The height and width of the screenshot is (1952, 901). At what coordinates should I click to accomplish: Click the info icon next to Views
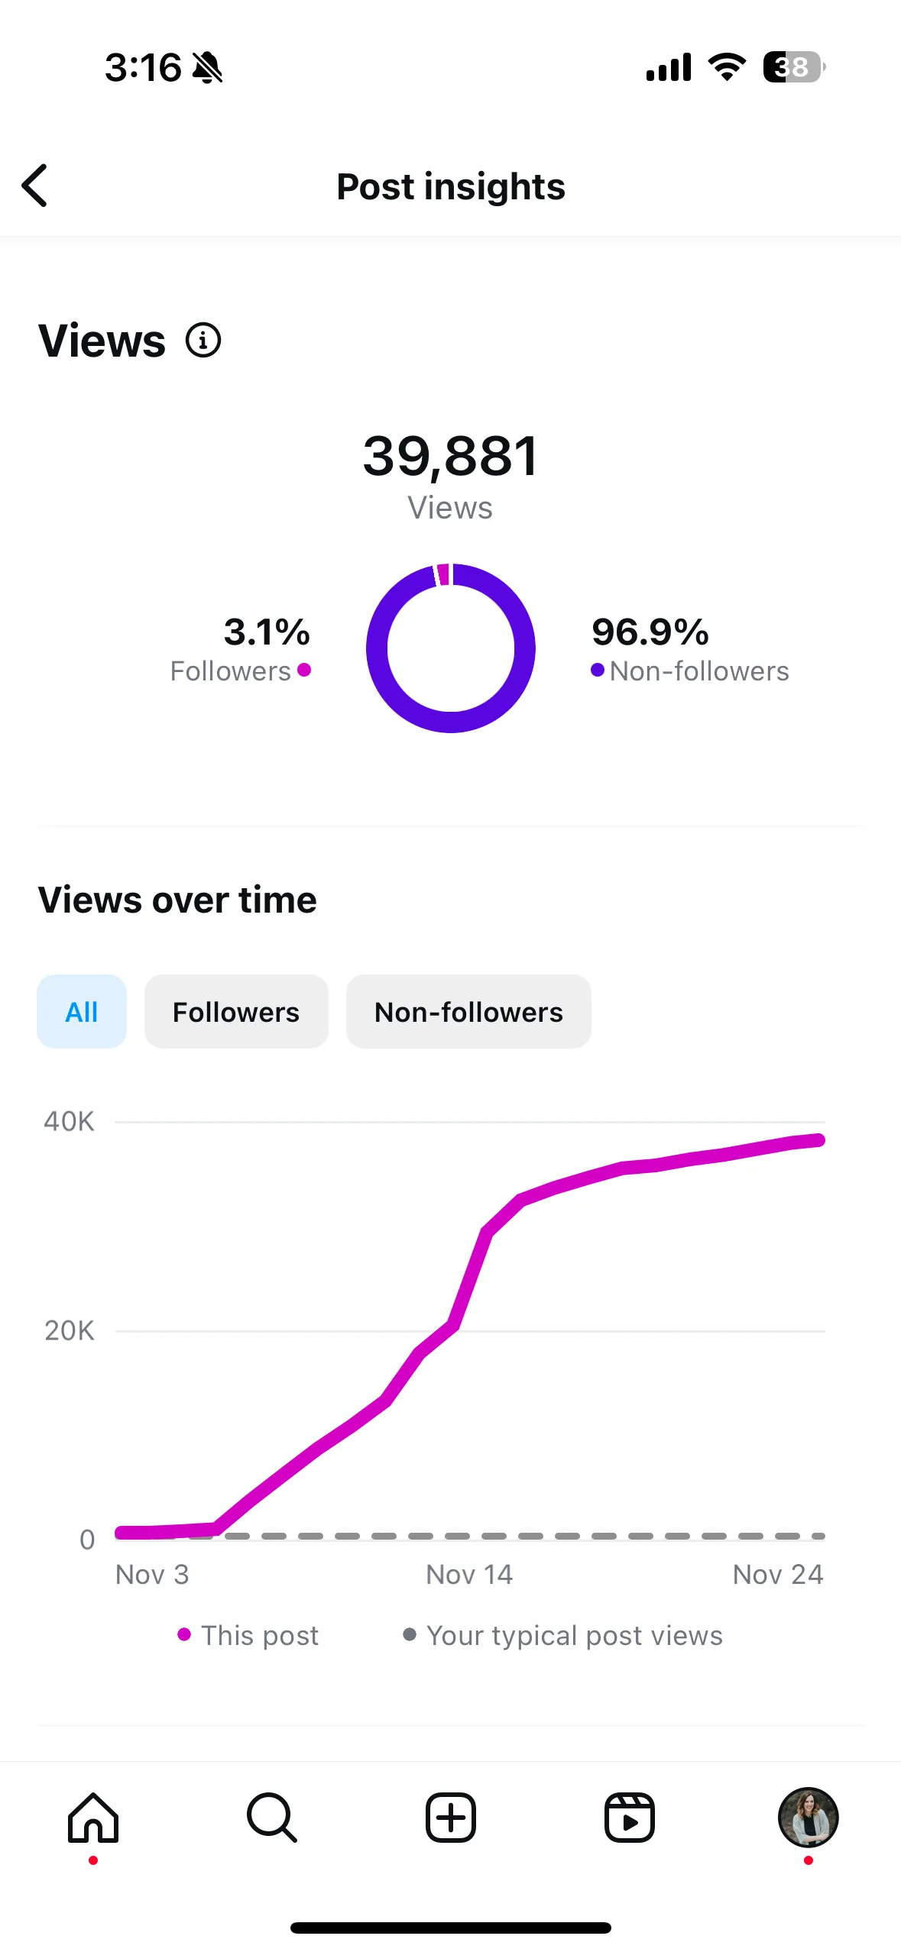pyautogui.click(x=203, y=341)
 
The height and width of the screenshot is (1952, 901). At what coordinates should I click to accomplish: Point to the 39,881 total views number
pyautogui.click(x=450, y=456)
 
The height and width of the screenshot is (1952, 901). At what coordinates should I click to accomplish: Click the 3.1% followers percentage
pyautogui.click(x=267, y=632)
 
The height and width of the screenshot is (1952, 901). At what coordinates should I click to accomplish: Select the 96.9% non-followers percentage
pyautogui.click(x=650, y=632)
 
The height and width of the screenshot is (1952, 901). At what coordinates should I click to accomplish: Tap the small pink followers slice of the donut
pyautogui.click(x=442, y=574)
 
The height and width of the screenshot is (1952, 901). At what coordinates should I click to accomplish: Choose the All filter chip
pyautogui.click(x=82, y=1012)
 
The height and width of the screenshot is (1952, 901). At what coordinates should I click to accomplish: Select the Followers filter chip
pyautogui.click(x=236, y=1012)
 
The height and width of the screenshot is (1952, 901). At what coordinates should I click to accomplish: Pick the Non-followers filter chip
pyautogui.click(x=468, y=1012)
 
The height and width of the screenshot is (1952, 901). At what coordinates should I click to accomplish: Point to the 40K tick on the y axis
pyautogui.click(x=69, y=1121)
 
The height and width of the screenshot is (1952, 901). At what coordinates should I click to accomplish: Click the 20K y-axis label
pyautogui.click(x=69, y=1330)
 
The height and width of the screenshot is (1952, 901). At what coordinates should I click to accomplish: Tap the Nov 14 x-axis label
pyautogui.click(x=469, y=1574)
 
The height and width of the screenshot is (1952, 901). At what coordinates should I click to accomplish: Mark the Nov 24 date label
pyautogui.click(x=777, y=1574)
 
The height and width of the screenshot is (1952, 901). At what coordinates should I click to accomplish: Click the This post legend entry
pyautogui.click(x=249, y=1635)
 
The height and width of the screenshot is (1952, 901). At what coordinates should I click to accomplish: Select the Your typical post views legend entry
pyautogui.click(x=564, y=1635)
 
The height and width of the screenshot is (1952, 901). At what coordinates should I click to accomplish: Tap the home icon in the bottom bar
pyautogui.click(x=93, y=1818)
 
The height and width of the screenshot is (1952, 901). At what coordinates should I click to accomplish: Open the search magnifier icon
pyautogui.click(x=271, y=1818)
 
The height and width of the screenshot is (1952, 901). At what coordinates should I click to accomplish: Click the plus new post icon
pyautogui.click(x=451, y=1818)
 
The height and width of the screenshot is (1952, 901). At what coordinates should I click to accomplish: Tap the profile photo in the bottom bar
pyautogui.click(x=808, y=1818)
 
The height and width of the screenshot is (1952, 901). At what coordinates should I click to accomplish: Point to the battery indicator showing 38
pyautogui.click(x=793, y=67)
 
